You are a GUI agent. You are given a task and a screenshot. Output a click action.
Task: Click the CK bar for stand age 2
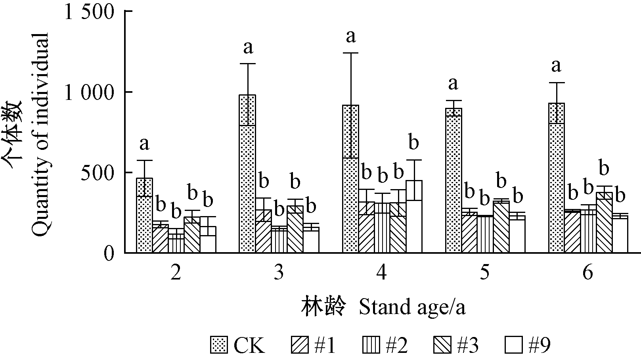click(x=145, y=215)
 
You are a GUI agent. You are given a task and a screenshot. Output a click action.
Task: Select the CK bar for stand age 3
click(x=247, y=174)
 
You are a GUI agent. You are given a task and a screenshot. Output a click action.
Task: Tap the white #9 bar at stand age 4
click(x=414, y=216)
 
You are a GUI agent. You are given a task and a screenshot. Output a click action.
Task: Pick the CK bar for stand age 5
click(x=453, y=180)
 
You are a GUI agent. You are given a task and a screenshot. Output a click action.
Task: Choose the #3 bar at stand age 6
click(x=604, y=222)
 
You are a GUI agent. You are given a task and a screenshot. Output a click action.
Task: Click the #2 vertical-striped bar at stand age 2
click(x=176, y=243)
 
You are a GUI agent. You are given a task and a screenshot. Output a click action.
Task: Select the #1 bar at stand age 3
click(x=263, y=231)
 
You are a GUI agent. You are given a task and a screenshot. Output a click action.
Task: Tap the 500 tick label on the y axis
click(x=98, y=173)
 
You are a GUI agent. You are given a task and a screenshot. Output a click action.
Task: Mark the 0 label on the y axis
click(x=109, y=253)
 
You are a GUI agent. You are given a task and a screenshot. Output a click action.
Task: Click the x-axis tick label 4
click(x=382, y=272)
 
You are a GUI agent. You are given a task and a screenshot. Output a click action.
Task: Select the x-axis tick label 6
click(x=588, y=272)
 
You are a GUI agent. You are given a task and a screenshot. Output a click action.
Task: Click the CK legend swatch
click(x=220, y=345)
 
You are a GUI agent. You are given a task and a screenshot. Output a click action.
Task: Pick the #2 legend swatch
click(x=371, y=345)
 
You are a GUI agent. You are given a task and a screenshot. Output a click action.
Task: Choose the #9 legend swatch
click(x=514, y=345)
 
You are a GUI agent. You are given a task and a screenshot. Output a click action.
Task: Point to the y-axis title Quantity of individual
click(x=40, y=134)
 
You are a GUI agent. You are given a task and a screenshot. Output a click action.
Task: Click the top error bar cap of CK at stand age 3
click(x=247, y=63)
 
